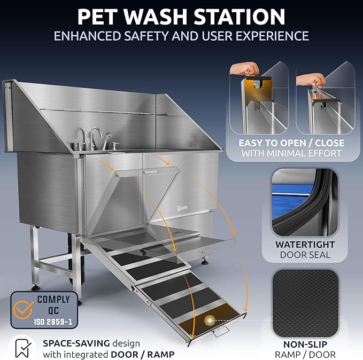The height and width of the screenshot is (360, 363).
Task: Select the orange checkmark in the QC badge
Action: (x=23, y=308)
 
